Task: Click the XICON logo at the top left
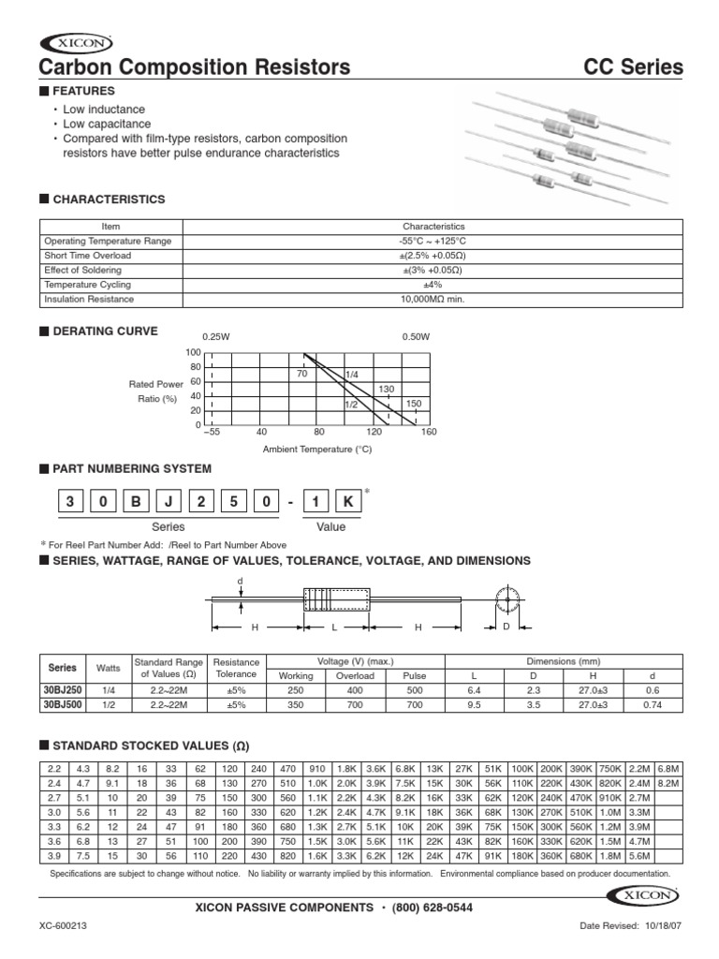75,42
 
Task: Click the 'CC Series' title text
634,68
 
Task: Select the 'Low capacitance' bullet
106,124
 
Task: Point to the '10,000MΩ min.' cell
433,300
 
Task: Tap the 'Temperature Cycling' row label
88,285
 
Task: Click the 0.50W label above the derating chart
415,336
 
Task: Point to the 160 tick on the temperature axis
430,432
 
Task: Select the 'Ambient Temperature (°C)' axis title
317,450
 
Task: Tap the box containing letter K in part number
347,501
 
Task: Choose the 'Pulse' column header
414,675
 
